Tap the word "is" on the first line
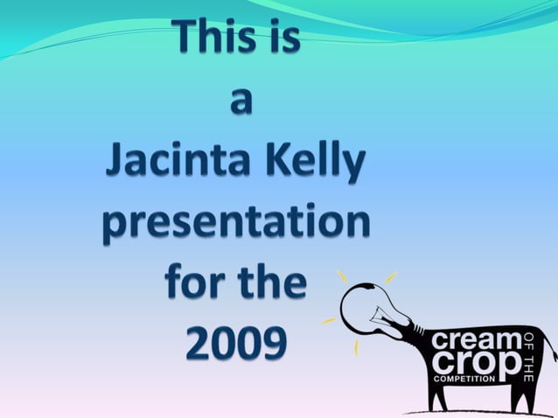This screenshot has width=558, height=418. coord(283,38)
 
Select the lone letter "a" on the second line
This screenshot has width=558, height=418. coord(239,101)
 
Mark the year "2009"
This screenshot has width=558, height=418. coord(235,345)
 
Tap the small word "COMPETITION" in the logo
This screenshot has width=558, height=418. coord(466,379)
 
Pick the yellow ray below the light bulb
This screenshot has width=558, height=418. coord(356,346)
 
